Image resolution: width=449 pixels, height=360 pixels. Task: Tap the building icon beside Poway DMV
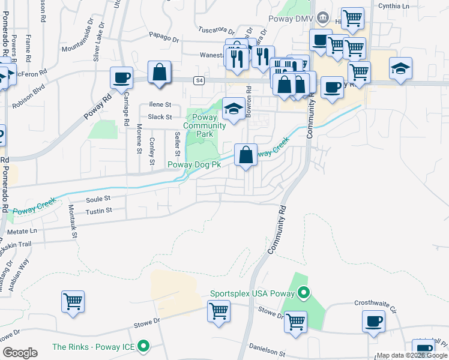tap(323, 17)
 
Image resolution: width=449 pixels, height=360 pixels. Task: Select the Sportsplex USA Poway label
tap(252, 294)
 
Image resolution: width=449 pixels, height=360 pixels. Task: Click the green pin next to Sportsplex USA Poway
tap(304, 293)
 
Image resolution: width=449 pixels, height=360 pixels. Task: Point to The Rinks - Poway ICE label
tap(93, 347)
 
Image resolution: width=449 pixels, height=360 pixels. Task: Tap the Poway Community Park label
tap(205, 125)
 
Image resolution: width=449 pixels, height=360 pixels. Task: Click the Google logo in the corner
tap(20, 352)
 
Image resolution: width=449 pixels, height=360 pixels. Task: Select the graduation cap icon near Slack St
tap(234, 108)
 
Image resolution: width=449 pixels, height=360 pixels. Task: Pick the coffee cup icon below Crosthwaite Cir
tap(373, 320)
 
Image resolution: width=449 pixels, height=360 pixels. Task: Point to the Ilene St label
tap(160, 104)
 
